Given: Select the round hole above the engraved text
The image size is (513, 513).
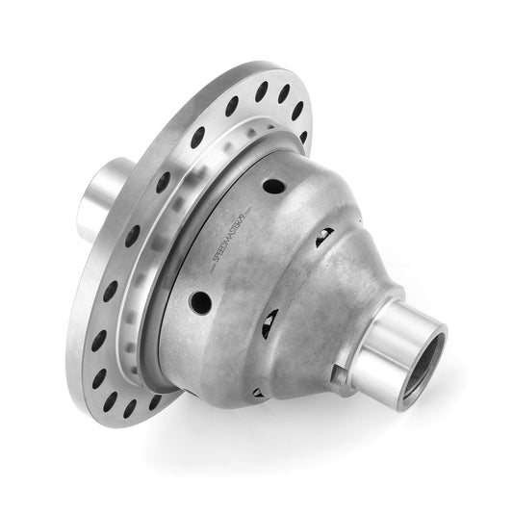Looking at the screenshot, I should click(273, 186).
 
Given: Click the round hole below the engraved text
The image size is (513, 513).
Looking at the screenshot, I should click(201, 303).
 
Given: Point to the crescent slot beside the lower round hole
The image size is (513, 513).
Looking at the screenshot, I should click(269, 323).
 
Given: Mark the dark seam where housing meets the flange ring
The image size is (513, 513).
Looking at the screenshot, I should click(159, 308).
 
